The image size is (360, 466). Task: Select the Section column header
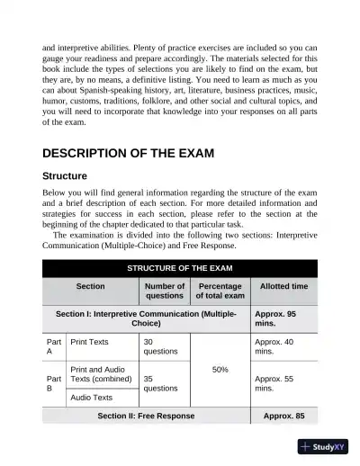click(90, 286)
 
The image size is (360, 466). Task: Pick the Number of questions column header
click(164, 291)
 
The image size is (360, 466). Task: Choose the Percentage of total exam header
click(220, 291)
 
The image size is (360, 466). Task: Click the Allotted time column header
click(283, 286)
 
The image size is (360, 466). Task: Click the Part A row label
click(53, 347)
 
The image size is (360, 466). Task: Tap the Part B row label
click(53, 384)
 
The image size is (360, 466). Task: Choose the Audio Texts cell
click(91, 397)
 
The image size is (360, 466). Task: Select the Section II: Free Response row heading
click(146, 417)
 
